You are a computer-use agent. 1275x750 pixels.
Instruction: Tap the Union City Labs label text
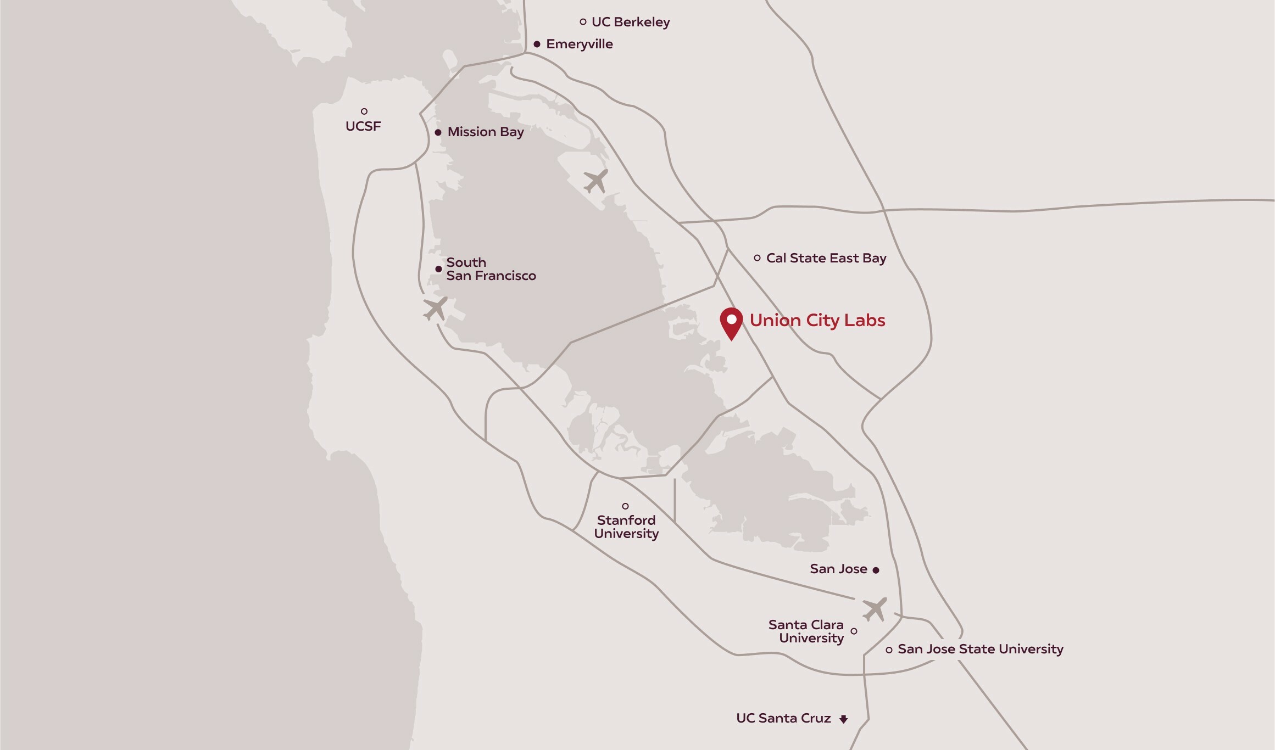click(817, 320)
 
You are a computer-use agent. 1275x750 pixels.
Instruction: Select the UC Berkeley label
click(631, 22)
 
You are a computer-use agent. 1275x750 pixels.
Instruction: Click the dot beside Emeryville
click(537, 44)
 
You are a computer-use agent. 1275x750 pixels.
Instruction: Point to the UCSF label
click(363, 126)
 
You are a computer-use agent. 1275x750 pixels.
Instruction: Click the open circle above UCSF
click(364, 111)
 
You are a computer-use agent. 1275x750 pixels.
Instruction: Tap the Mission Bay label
click(486, 132)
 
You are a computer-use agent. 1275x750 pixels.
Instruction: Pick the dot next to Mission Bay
click(438, 132)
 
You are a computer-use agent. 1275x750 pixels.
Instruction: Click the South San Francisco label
click(491, 269)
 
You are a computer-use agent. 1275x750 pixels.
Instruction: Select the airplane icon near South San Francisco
click(435, 309)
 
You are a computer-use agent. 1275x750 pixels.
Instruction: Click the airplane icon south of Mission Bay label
click(596, 181)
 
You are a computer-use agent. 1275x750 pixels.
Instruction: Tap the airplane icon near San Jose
click(874, 609)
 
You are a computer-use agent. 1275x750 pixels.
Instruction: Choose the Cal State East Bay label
click(826, 258)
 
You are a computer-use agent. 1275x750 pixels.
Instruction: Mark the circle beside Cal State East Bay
click(757, 258)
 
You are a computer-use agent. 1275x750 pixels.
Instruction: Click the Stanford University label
click(626, 527)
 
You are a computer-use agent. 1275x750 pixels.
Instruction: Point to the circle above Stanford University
click(625, 506)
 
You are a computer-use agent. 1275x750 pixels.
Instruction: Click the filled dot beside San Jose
click(876, 570)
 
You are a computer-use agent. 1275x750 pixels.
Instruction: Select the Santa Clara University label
click(806, 631)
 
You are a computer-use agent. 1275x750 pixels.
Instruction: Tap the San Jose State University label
click(981, 650)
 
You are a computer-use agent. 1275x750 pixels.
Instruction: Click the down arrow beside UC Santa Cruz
click(844, 719)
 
